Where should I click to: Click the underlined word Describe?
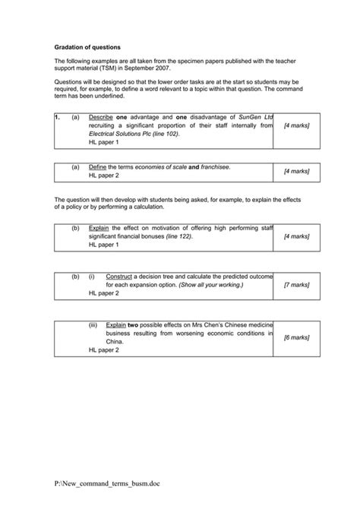(x=101, y=118)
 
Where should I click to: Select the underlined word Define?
(x=98, y=166)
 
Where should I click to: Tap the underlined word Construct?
(x=120, y=277)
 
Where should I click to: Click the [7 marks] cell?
(x=296, y=285)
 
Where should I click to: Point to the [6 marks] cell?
(x=296, y=337)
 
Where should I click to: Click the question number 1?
(x=58, y=118)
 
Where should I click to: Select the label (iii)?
(x=93, y=324)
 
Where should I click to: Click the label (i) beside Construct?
(x=91, y=277)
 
